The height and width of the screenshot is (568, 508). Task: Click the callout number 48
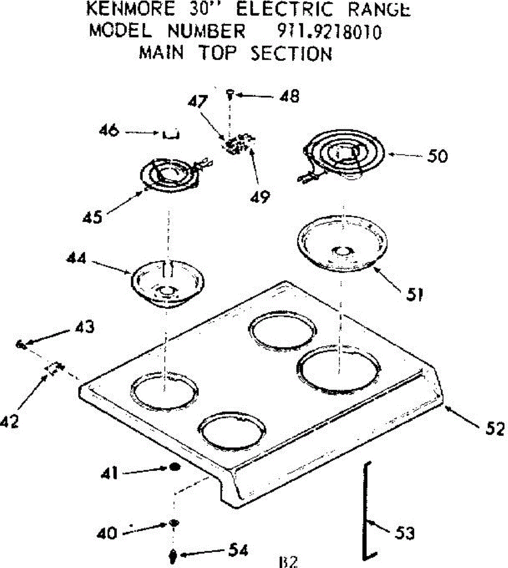pos(289,97)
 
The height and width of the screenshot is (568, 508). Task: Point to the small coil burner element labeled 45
pos(172,175)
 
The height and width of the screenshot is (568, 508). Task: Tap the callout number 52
pos(495,429)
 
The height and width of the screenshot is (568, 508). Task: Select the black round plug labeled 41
pos(174,468)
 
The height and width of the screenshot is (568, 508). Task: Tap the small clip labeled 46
pos(171,135)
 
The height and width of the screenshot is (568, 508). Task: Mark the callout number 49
pos(260,195)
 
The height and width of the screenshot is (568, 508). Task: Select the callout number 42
pos(9,421)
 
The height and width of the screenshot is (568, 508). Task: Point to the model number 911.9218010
pos(328,32)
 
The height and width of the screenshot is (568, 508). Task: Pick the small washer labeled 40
pos(174,523)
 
